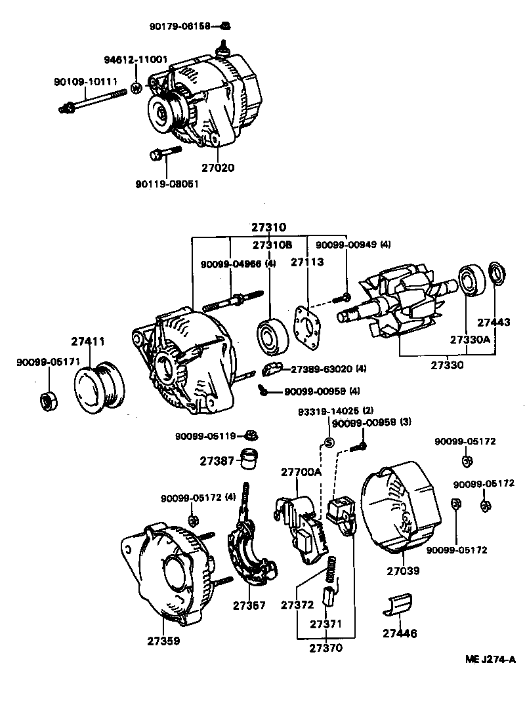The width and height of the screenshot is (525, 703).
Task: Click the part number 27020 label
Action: coord(218,168)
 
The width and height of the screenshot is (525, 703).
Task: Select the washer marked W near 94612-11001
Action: coord(136,88)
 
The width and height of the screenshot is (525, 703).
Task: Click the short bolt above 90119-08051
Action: coord(165,152)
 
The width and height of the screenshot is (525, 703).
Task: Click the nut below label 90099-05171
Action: coord(49,401)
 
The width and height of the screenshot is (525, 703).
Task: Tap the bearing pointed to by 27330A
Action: coord(472,281)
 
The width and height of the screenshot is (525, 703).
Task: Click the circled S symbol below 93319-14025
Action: coord(329,443)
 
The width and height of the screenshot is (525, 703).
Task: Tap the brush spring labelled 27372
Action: coord(331,570)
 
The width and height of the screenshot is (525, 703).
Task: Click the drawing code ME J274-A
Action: coord(490,660)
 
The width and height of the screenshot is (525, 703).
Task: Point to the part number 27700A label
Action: coord(301,473)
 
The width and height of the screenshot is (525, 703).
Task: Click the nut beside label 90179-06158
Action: coord(226,26)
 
